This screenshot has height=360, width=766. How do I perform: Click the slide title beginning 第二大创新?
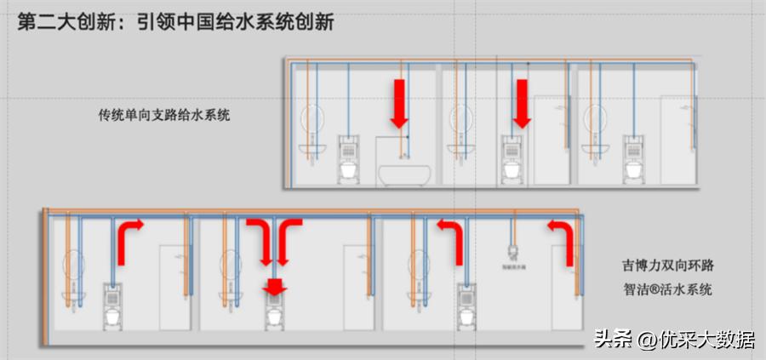[174, 21]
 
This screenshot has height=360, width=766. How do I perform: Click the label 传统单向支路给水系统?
[164, 114]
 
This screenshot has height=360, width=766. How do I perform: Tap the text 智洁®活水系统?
[666, 289]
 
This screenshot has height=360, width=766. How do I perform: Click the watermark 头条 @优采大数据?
[673, 340]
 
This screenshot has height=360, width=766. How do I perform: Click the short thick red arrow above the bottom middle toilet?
[273, 288]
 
